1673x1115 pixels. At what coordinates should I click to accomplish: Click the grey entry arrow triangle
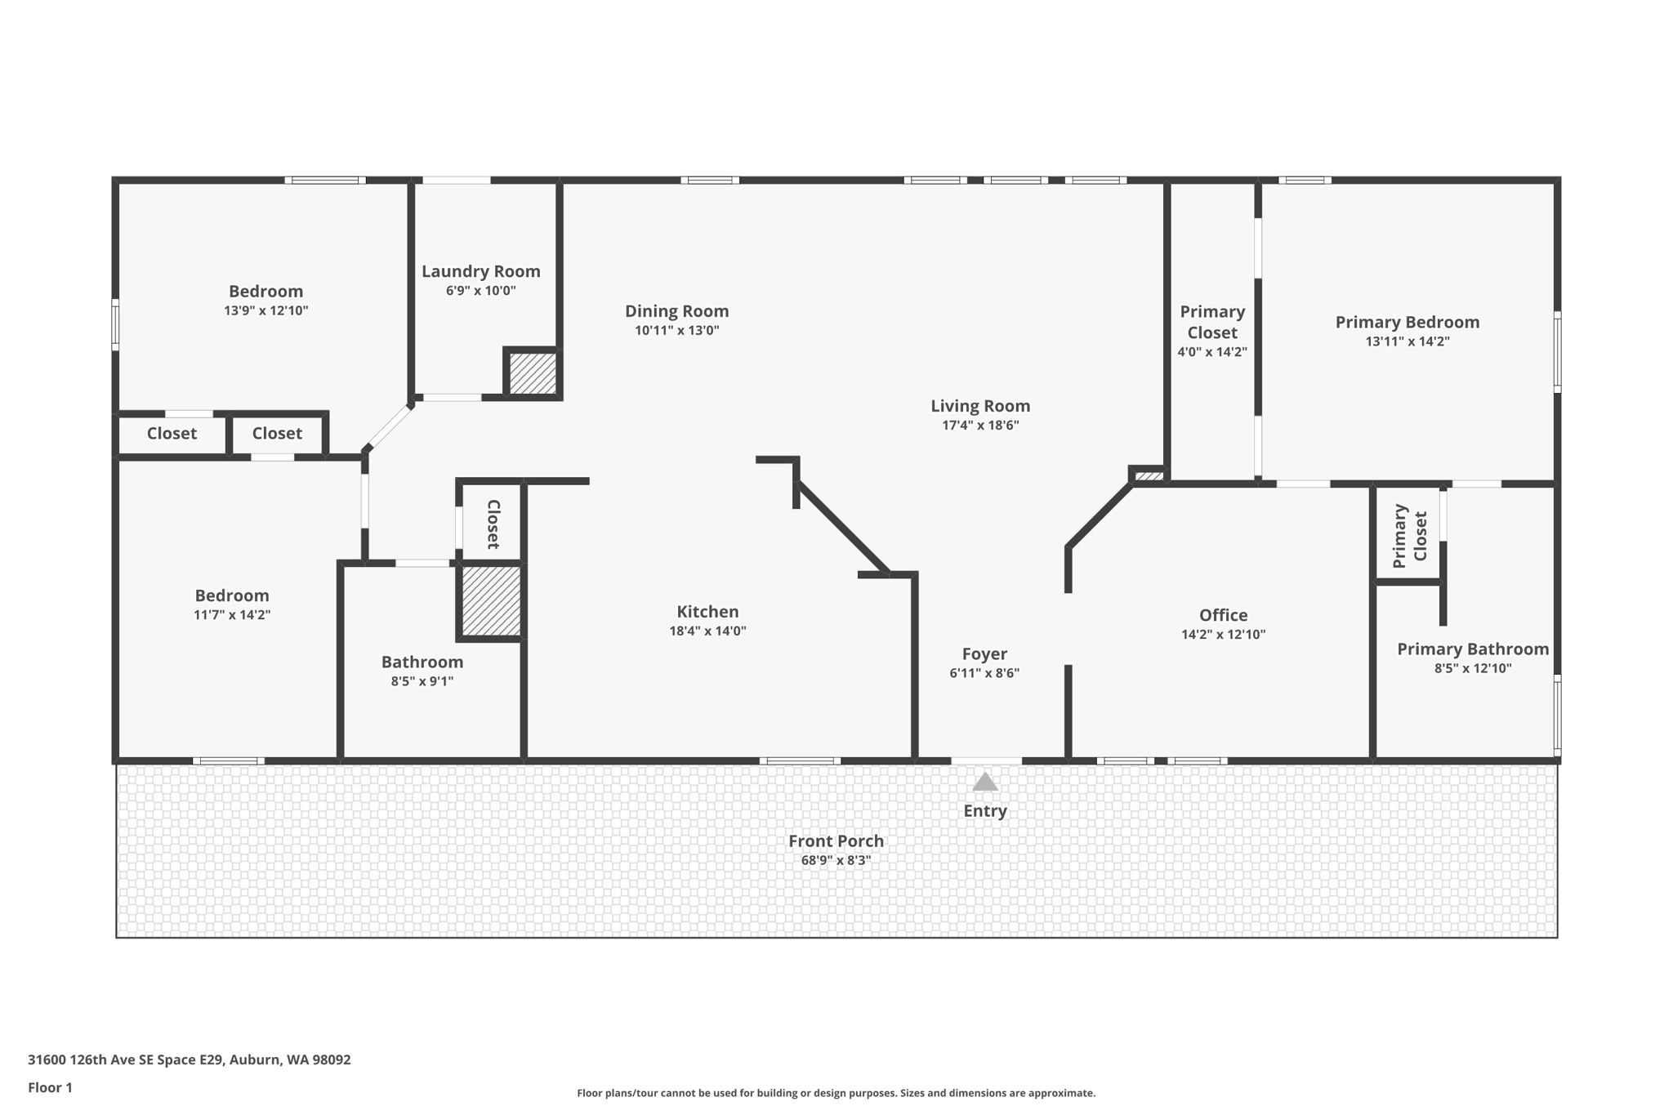click(x=984, y=783)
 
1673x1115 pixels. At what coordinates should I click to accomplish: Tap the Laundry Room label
click(x=480, y=271)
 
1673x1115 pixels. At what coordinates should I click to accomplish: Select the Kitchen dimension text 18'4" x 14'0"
click(x=707, y=631)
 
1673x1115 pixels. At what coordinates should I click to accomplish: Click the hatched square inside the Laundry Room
click(x=533, y=372)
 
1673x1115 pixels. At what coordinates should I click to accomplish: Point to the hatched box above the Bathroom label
click(x=491, y=600)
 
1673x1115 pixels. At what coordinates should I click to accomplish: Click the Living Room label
click(x=980, y=406)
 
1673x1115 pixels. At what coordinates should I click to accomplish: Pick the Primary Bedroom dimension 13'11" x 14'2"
click(x=1407, y=341)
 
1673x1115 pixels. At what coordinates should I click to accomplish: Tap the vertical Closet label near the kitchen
click(x=493, y=524)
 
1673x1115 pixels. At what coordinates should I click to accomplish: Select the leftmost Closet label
click(x=172, y=434)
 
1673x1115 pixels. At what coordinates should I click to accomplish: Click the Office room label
click(x=1223, y=615)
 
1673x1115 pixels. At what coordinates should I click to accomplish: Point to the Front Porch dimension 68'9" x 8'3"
click(x=836, y=860)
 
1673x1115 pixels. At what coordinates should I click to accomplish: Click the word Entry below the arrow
click(x=984, y=810)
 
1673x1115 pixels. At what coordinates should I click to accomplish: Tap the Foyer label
click(x=984, y=653)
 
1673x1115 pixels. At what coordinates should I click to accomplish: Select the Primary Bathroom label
click(x=1472, y=649)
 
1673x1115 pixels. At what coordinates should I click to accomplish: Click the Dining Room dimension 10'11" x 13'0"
click(x=676, y=331)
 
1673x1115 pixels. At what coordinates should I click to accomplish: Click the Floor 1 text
click(x=50, y=1087)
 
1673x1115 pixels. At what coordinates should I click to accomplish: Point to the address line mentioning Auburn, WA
click(x=189, y=1059)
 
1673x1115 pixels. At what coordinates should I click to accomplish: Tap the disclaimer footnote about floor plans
click(x=836, y=1093)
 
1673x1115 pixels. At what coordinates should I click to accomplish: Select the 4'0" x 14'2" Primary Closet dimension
click(x=1211, y=353)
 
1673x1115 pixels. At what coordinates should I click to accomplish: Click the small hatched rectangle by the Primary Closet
click(x=1149, y=475)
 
